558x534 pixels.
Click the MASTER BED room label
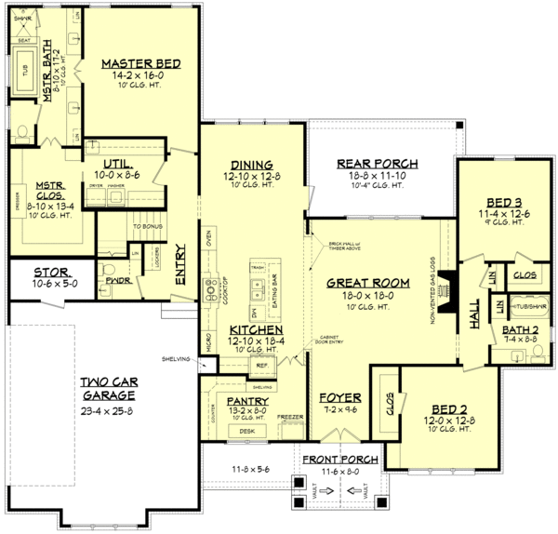tap(139, 63)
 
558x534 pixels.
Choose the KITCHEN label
tap(251, 329)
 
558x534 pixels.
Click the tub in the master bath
tap(25, 74)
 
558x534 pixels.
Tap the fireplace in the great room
tap(447, 282)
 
